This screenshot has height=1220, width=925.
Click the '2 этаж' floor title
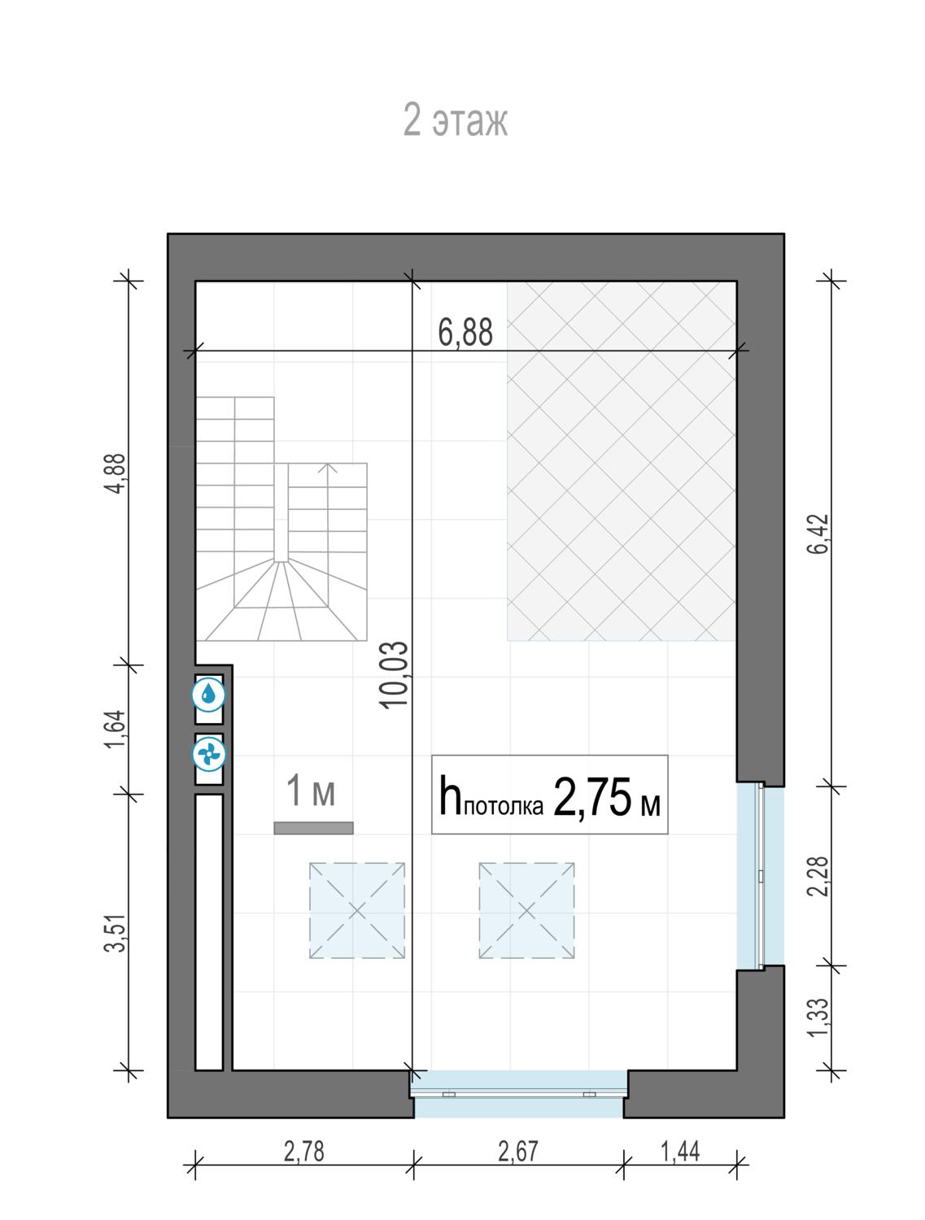coord(456,120)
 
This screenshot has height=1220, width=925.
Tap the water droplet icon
coord(208,694)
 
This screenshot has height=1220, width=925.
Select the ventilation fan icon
coord(208,755)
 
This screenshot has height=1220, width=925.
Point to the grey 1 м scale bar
coord(313,828)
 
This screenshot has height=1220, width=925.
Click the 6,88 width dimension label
coord(465,332)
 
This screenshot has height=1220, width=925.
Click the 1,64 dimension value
coord(116,730)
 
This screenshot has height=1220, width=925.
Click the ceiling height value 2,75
coord(592,798)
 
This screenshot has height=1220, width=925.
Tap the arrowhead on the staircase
coord(327,468)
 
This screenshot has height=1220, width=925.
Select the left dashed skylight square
coord(357,912)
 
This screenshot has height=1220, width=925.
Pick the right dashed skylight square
coord(526,912)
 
